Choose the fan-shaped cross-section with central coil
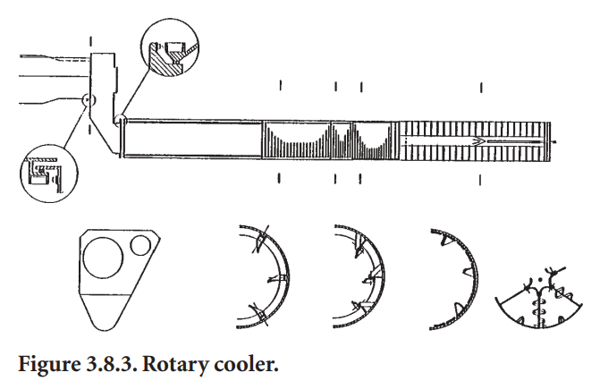click(x=542, y=294)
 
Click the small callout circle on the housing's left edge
click(x=87, y=101)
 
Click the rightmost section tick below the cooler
click(x=481, y=179)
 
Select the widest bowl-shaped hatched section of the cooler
click(x=297, y=141)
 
